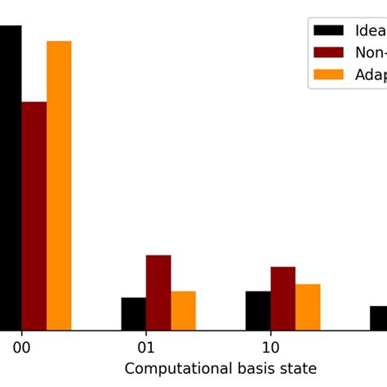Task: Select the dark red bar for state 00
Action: (34, 216)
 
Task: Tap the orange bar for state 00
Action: (59, 185)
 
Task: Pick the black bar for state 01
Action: (134, 314)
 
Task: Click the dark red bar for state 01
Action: (158, 292)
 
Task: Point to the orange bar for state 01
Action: (183, 310)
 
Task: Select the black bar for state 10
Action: (258, 310)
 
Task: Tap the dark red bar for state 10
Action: (282, 298)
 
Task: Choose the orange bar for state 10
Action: (307, 307)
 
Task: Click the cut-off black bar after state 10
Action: (379, 318)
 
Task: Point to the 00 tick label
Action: (22, 346)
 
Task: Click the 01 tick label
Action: (146, 346)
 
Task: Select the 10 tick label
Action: (270, 346)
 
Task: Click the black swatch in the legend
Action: (329, 31)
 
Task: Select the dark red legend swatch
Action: (329, 53)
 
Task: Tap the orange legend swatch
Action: (329, 75)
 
